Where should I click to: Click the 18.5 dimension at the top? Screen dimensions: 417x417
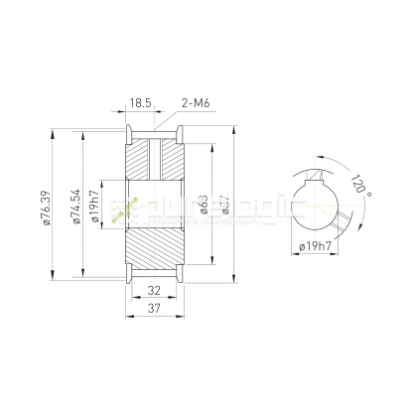[x=139, y=102]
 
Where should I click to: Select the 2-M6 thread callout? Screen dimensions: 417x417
[x=195, y=102]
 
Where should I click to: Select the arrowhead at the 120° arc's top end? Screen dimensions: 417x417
[x=319, y=156]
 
